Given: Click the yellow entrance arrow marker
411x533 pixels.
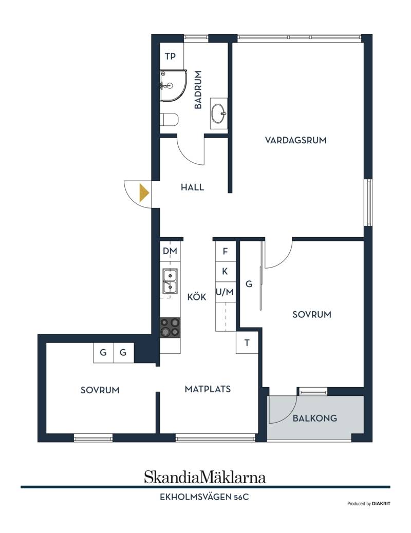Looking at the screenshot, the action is (x=144, y=193).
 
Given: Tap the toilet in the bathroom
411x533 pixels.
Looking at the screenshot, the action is (x=169, y=119).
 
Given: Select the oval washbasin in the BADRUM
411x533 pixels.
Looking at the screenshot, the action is (x=218, y=113).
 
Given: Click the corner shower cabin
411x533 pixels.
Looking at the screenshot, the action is (x=173, y=85).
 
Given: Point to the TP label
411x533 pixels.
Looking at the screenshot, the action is (x=171, y=56).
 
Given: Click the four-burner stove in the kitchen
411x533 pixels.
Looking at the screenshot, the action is (x=170, y=327).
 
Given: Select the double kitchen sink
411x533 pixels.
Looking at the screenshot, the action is (x=170, y=281).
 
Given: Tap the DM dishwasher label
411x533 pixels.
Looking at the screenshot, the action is (x=170, y=251).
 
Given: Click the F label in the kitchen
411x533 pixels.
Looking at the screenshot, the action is (x=225, y=251).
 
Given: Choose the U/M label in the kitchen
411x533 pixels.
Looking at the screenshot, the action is (x=225, y=292).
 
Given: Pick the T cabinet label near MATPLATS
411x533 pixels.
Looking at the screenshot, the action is (x=247, y=342).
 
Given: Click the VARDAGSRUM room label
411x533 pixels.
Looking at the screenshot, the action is (x=295, y=140).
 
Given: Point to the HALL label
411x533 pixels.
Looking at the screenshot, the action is (x=192, y=187).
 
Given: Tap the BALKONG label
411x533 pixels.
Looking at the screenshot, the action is (x=315, y=418).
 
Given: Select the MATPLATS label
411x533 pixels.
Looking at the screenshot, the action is (x=208, y=389).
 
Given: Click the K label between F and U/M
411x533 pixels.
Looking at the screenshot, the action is (x=225, y=271).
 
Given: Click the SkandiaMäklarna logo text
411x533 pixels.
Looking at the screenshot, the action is (x=205, y=477).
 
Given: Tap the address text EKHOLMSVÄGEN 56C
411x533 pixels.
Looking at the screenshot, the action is (x=204, y=497).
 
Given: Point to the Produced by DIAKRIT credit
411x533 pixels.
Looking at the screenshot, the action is (x=369, y=503).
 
